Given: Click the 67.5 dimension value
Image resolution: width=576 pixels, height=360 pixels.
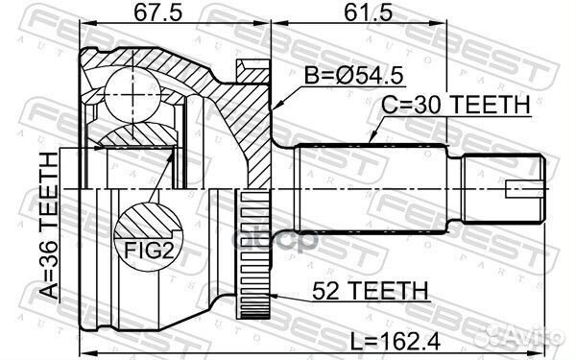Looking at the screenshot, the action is pos(158,12).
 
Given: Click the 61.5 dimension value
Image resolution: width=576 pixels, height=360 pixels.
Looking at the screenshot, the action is pos(368,12).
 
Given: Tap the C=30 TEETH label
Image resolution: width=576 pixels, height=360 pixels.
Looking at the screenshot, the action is pos(455,105).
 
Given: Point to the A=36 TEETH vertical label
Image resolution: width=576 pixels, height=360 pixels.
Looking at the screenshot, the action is pos(49,226).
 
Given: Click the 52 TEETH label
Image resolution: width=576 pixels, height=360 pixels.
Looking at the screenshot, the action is pos(371,291).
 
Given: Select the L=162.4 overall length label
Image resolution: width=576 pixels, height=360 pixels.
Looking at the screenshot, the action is pos(395,342).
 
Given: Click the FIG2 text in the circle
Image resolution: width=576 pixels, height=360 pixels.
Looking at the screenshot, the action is pos(149,251).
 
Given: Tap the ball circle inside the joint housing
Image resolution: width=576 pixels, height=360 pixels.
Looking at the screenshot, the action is pos(132,95).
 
